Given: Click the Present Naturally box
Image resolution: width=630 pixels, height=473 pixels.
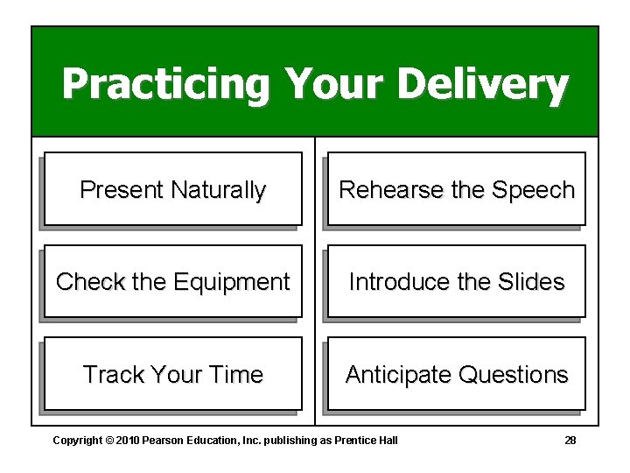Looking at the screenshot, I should click(x=172, y=189).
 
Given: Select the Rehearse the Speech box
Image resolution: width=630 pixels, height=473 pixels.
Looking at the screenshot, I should click(x=456, y=189).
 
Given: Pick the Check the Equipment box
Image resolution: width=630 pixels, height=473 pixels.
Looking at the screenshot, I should click(x=172, y=281).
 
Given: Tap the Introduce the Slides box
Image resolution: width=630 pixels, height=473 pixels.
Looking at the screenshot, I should click(x=456, y=281).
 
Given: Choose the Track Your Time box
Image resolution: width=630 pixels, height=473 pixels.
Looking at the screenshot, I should click(x=172, y=374).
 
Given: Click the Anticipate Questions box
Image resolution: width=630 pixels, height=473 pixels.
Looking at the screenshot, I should click(x=456, y=374).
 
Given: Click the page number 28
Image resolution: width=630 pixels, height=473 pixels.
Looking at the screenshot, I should click(x=570, y=440).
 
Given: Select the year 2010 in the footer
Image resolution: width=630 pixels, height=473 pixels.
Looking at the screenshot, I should click(x=128, y=440).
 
